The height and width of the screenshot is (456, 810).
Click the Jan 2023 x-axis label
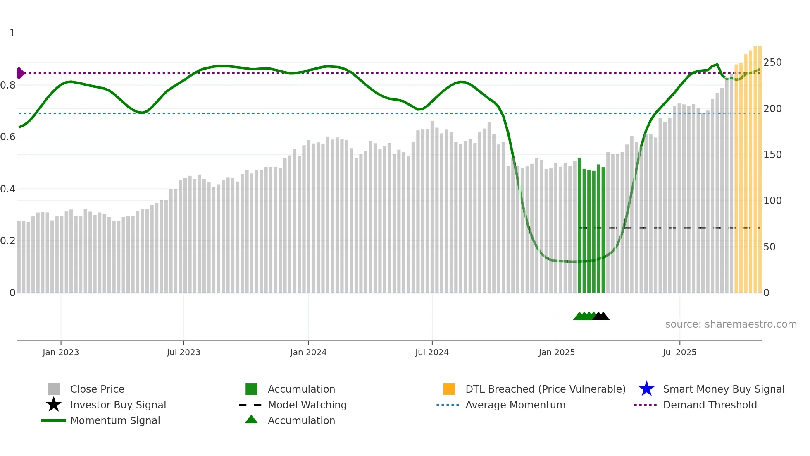61,352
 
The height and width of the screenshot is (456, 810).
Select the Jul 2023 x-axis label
183,352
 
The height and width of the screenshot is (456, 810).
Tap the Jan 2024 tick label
308,352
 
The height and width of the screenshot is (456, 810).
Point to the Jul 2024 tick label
432,352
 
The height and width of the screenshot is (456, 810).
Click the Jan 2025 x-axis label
557,352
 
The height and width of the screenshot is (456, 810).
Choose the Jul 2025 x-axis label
679,352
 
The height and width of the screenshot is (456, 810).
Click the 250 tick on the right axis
772,62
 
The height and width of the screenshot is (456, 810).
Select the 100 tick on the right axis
772,201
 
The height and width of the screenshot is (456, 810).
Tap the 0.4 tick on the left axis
8,189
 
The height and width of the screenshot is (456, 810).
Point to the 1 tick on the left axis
12,33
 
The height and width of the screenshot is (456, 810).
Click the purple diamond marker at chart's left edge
20,73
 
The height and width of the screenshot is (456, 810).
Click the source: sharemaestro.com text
731,324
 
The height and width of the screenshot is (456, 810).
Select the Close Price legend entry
97,389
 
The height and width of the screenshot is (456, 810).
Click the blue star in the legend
646,389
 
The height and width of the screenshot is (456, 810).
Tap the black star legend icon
54,405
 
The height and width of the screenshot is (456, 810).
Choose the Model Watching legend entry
307,405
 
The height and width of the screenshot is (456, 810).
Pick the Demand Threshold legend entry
710,405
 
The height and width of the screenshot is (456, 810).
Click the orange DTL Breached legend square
449,389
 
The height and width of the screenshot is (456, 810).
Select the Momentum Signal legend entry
115,420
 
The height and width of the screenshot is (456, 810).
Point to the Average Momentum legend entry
515,405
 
